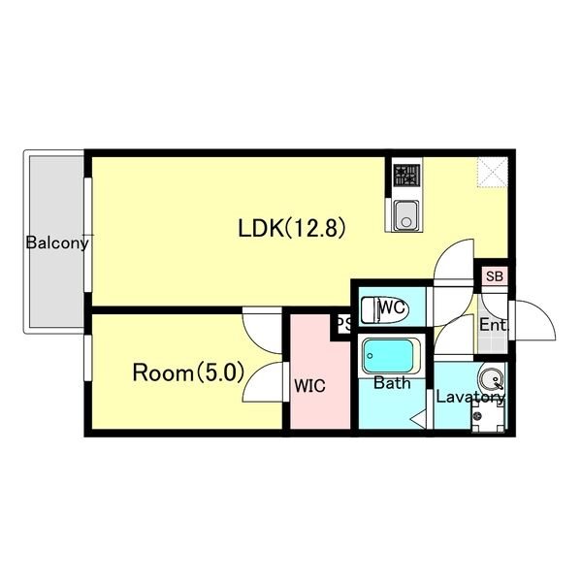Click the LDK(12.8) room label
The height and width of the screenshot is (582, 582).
[292, 228]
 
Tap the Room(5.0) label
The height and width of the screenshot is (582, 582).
[188, 372]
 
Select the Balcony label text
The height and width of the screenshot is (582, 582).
[57, 243]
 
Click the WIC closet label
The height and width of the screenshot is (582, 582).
[309, 386]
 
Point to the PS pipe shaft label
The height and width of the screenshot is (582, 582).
[343, 325]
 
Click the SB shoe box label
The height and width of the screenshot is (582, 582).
[494, 276]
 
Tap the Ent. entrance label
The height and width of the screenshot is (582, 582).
[493, 325]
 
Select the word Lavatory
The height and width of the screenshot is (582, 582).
[469, 397]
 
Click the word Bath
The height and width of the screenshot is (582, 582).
[392, 383]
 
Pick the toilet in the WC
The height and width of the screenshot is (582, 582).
[385, 309]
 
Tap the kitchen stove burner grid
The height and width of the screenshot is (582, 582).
[407, 176]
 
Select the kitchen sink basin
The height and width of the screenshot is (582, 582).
[406, 215]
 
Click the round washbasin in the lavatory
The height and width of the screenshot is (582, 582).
[491, 379]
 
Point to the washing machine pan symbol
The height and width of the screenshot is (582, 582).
[488, 417]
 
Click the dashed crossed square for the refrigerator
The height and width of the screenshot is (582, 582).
[493, 173]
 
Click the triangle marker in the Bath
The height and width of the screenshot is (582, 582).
[418, 419]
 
